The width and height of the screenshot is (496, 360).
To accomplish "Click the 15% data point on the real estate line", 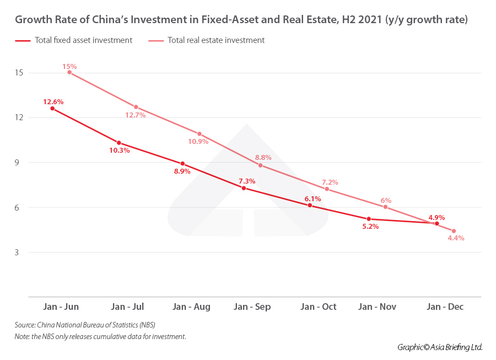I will click(x=69, y=72).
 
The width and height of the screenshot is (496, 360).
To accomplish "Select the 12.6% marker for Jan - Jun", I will click(x=52, y=109).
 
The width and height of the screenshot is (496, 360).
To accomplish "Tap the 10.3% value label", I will click(x=119, y=151).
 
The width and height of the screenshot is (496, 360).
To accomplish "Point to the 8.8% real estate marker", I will click(x=260, y=165).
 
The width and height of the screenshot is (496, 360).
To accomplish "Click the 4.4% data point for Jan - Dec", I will click(x=454, y=231).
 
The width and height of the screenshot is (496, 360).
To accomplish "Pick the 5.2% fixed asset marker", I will click(x=369, y=219).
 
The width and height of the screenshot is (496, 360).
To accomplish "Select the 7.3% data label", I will click(x=246, y=181).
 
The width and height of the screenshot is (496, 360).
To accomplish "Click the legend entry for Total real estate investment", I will click(x=216, y=40).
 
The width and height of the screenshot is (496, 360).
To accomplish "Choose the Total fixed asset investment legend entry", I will click(x=83, y=40).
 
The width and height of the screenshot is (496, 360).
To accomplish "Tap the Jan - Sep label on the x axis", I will click(x=252, y=307).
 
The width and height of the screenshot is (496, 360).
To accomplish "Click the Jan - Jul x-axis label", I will click(x=127, y=307).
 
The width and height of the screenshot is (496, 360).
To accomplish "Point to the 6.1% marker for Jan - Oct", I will click(x=310, y=205).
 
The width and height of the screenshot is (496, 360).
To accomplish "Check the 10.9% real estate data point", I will click(x=199, y=134).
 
